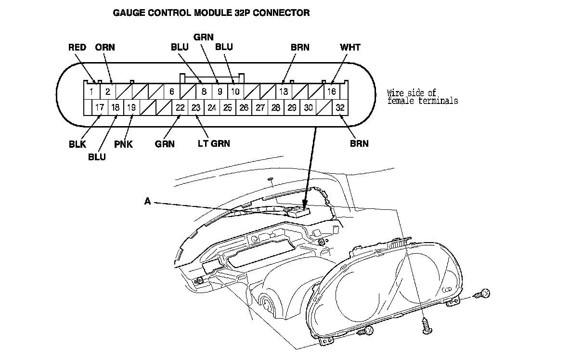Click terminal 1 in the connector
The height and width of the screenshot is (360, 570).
[91, 91]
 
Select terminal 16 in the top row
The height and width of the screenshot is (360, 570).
[332, 91]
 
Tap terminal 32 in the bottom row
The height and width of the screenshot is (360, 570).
[340, 107]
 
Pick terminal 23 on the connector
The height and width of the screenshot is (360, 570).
[196, 107]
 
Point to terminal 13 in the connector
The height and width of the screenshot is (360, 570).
[284, 91]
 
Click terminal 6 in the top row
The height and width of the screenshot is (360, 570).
[171, 91]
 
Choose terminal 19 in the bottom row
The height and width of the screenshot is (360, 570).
[131, 107]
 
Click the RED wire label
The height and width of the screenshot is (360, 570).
[77, 47]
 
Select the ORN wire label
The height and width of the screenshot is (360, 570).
[105, 47]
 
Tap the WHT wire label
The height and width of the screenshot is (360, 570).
[350, 47]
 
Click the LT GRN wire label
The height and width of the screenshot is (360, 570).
[214, 143]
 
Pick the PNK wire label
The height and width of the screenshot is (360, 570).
[124, 143]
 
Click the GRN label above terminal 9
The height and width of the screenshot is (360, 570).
[204, 37]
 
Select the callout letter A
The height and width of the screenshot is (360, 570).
[148, 202]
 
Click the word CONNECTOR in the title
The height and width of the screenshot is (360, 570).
[281, 13]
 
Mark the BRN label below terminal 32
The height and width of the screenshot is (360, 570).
[359, 143]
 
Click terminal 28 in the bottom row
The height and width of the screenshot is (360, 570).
[276, 107]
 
